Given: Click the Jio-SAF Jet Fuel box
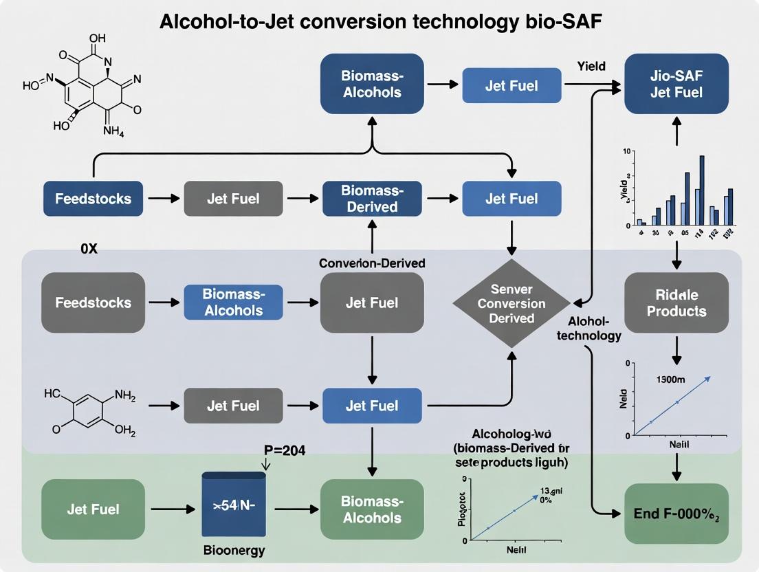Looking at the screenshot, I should point(676,83).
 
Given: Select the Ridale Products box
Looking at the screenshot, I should point(676,302).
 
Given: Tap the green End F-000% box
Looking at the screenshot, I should point(676,514).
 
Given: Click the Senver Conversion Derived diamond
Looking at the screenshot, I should point(511,303).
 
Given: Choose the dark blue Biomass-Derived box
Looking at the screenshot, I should point(372,199).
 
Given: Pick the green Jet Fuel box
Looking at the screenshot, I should point(93,509).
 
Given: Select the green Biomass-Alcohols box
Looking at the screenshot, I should point(372,509).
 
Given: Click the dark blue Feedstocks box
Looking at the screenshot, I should point(93,199).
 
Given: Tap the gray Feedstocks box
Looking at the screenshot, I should point(93,302).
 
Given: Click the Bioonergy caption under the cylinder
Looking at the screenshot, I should point(234,551).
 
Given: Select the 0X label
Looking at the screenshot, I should point(89,249).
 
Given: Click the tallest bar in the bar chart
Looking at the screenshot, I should point(702,190).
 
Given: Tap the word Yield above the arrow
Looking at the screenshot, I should point(591,66).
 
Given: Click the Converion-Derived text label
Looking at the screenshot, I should point(372,263).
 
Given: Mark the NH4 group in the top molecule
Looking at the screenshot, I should point(113,132).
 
